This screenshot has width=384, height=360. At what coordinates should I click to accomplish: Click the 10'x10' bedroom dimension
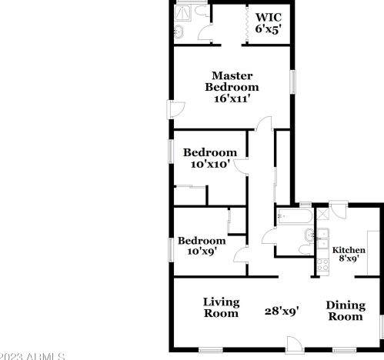209,163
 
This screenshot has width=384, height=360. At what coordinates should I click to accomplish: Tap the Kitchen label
349,250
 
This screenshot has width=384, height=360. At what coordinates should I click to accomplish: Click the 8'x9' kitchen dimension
349,260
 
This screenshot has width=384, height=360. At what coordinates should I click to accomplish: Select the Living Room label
222,308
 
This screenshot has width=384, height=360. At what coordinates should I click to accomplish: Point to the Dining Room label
346,310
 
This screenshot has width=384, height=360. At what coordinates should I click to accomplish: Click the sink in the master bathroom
179,32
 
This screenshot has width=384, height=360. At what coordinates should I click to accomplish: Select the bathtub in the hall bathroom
294,217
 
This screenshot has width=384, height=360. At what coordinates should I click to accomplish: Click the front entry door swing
296,344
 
